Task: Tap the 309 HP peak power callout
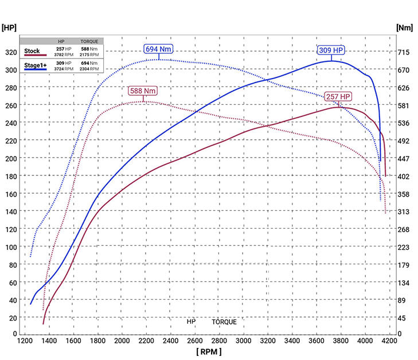click(331, 50)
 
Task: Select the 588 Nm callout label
click(142, 91)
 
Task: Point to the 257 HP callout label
click(338, 96)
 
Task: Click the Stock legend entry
click(32, 52)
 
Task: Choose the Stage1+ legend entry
click(34, 65)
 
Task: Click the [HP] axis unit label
click(10, 28)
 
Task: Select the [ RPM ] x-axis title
click(208, 351)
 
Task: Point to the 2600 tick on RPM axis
click(196, 341)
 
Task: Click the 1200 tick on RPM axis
click(25, 341)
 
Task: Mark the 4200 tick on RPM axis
click(390, 341)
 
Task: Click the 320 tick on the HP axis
click(10, 52)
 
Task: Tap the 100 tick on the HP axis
click(10, 247)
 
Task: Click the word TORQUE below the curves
click(224, 322)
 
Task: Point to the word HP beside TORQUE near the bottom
click(191, 322)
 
